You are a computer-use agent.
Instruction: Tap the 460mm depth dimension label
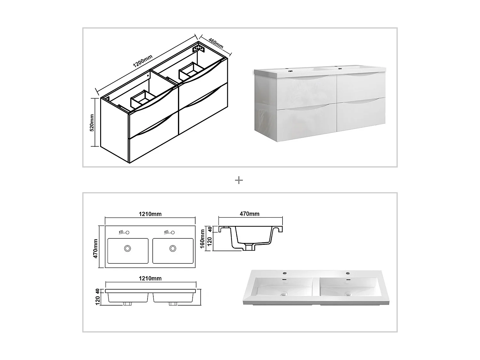[x=216, y=43]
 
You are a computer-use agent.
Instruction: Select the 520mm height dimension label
[x=92, y=123]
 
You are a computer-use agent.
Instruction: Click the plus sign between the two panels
[x=239, y=180]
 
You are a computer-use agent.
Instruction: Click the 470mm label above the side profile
[x=249, y=214]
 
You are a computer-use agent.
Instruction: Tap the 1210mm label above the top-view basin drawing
[x=150, y=214]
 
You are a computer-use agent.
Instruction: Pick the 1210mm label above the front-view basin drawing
[x=150, y=278]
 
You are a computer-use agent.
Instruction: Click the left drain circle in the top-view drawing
[x=128, y=248]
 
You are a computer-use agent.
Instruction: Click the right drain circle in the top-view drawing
[x=173, y=248]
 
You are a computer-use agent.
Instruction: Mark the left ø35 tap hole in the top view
[x=127, y=232]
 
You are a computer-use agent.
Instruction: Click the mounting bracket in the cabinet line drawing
[x=198, y=49]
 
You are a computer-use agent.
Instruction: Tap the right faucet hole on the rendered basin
[x=348, y=273]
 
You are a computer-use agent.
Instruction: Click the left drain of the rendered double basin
[x=283, y=293]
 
